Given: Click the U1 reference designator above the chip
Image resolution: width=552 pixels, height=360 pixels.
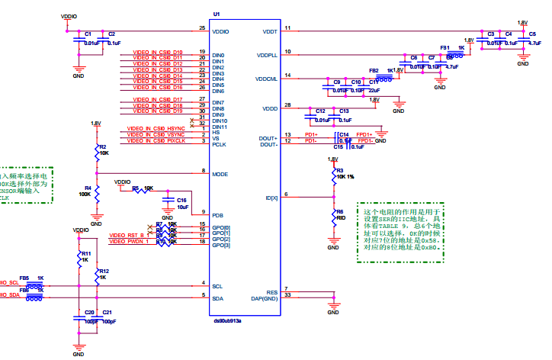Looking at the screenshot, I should click(217, 14).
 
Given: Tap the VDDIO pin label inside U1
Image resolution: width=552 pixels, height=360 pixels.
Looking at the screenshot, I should click(222, 31).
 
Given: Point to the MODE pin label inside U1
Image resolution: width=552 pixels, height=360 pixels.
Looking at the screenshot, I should click(220, 175).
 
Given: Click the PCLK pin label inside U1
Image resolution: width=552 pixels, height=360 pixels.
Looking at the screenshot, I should click(219, 144).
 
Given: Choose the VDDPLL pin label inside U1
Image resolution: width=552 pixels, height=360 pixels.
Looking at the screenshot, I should click(267, 56).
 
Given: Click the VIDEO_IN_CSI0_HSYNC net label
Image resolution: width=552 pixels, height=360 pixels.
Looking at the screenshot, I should click(156, 128).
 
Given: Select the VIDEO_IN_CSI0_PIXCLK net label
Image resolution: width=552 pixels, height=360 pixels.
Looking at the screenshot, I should click(157, 140).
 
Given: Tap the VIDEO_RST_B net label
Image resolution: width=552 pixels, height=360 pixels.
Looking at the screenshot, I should click(127, 235).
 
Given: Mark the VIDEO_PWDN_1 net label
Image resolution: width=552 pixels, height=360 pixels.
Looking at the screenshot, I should click(128, 242).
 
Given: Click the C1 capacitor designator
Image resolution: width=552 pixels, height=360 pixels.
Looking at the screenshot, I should click(88, 34).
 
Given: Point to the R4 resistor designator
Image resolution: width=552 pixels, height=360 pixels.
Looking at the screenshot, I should click(88, 188).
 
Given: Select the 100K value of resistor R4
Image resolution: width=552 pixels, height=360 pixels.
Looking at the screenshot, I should click(85, 194).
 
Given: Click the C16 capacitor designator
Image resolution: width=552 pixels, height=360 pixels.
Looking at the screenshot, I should click(181, 200).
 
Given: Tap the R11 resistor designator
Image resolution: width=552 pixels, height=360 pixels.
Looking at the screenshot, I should click(86, 253).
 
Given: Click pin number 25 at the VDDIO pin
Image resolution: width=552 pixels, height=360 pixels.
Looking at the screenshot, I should click(202, 28).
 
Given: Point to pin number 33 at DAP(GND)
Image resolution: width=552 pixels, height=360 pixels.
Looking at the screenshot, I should click(287, 294).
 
